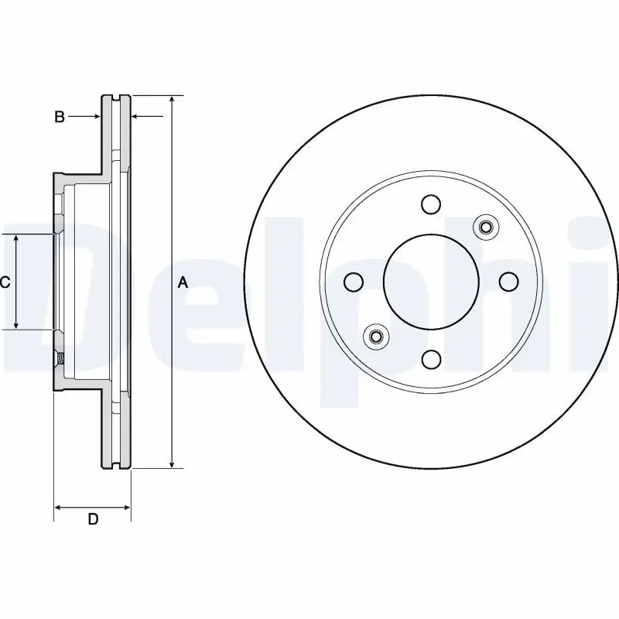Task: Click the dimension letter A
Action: pos(183,282)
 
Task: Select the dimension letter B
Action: pos(59,118)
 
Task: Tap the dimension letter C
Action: pos(5,282)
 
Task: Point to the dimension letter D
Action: pos(92,519)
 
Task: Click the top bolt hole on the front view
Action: pos(431,204)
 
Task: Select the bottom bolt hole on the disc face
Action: pos(431,359)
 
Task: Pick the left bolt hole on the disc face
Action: pos(354,282)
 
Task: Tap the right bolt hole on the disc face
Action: pos(508,282)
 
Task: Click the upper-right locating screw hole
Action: pos(486,227)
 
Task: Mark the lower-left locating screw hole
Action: pos(376,337)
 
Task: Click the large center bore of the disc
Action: pos(431,282)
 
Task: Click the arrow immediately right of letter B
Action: pos(96,117)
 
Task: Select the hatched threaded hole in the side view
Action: pos(58,358)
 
